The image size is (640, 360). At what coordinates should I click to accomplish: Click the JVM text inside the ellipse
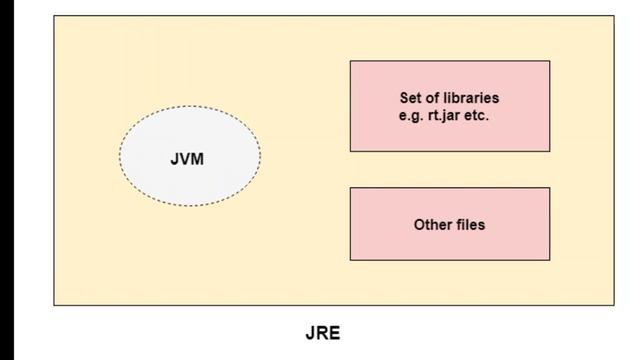[187, 158]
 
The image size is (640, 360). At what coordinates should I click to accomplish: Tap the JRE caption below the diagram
[323, 334]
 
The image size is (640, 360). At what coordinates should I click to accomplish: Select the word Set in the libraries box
[411, 98]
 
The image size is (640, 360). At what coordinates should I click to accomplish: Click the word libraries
[471, 98]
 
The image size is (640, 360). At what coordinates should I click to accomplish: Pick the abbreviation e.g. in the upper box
[410, 115]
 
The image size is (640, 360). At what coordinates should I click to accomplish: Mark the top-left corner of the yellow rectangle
[54, 15]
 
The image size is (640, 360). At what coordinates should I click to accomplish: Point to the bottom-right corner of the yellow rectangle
[615, 305]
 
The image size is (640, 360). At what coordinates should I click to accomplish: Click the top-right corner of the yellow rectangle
[615, 15]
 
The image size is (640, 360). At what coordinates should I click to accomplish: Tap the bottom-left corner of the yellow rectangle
[54, 305]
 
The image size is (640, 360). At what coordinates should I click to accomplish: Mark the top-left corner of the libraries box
[350, 61]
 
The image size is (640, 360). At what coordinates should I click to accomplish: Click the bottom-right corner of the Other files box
[550, 260]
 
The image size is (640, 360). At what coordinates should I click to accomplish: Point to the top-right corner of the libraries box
[550, 61]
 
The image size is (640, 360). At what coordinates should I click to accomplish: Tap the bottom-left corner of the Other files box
[350, 260]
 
